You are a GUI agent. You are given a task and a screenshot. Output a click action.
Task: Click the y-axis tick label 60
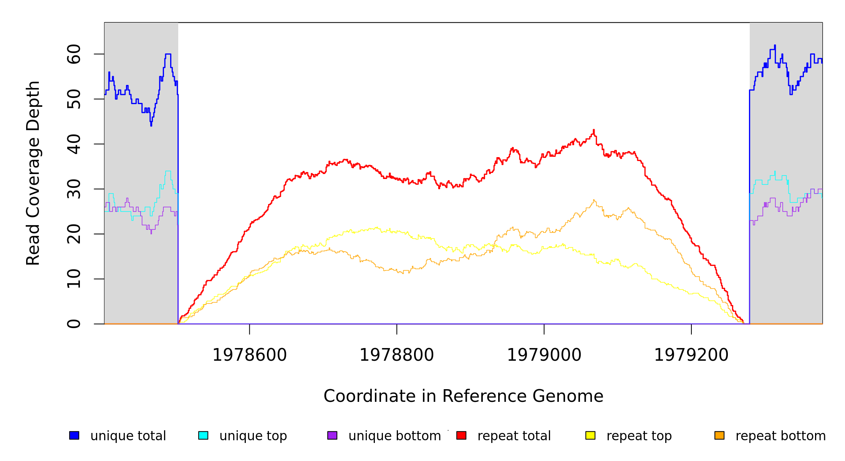click(x=74, y=54)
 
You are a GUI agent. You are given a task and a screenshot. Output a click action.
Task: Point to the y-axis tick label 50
click(x=74, y=99)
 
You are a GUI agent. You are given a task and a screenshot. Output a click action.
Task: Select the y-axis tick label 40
click(x=74, y=144)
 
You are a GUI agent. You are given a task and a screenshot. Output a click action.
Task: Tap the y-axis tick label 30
click(x=74, y=189)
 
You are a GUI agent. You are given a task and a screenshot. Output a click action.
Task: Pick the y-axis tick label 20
click(x=74, y=234)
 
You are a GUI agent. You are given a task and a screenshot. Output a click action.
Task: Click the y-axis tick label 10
click(x=74, y=279)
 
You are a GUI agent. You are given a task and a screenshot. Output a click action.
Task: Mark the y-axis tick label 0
click(x=74, y=324)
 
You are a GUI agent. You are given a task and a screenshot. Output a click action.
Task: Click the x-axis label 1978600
click(x=250, y=355)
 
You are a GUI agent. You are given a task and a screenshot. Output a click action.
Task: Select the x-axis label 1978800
click(x=397, y=355)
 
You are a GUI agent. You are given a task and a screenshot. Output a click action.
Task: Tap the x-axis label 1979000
click(x=544, y=355)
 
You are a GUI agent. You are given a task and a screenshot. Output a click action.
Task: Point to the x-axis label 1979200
click(x=691, y=355)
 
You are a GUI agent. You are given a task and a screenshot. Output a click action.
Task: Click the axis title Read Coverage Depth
click(x=33, y=173)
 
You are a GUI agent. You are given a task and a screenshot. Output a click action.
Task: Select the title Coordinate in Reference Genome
click(x=463, y=396)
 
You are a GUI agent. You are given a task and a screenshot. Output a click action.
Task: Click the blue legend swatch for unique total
click(x=74, y=435)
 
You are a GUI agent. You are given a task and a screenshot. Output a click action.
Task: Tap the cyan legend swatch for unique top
click(x=203, y=435)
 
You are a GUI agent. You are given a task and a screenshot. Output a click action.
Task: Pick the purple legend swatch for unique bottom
click(x=332, y=435)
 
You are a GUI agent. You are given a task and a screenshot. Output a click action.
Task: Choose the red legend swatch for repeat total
click(x=461, y=435)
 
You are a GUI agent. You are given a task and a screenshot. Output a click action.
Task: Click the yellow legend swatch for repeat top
click(x=590, y=435)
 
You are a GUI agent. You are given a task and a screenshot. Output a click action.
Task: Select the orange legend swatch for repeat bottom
click(x=719, y=435)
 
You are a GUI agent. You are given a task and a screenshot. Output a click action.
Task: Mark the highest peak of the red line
click(x=593, y=130)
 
